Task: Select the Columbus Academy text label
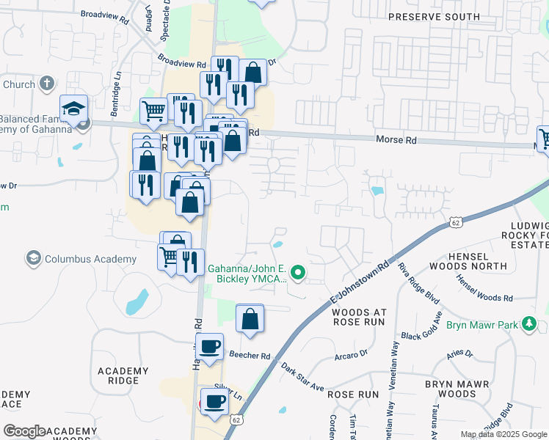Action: pos(90,259)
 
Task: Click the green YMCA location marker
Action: pos(298,274)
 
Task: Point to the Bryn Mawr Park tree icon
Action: pos(528,323)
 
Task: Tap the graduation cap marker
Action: pos(73,109)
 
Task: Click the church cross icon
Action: pos(48,84)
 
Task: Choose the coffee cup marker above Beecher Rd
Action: pos(210,346)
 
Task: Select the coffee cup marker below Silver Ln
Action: pos(215,402)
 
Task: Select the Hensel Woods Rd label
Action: pos(484,287)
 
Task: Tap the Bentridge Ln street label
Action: pos(115,94)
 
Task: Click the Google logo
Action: pos(24,431)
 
